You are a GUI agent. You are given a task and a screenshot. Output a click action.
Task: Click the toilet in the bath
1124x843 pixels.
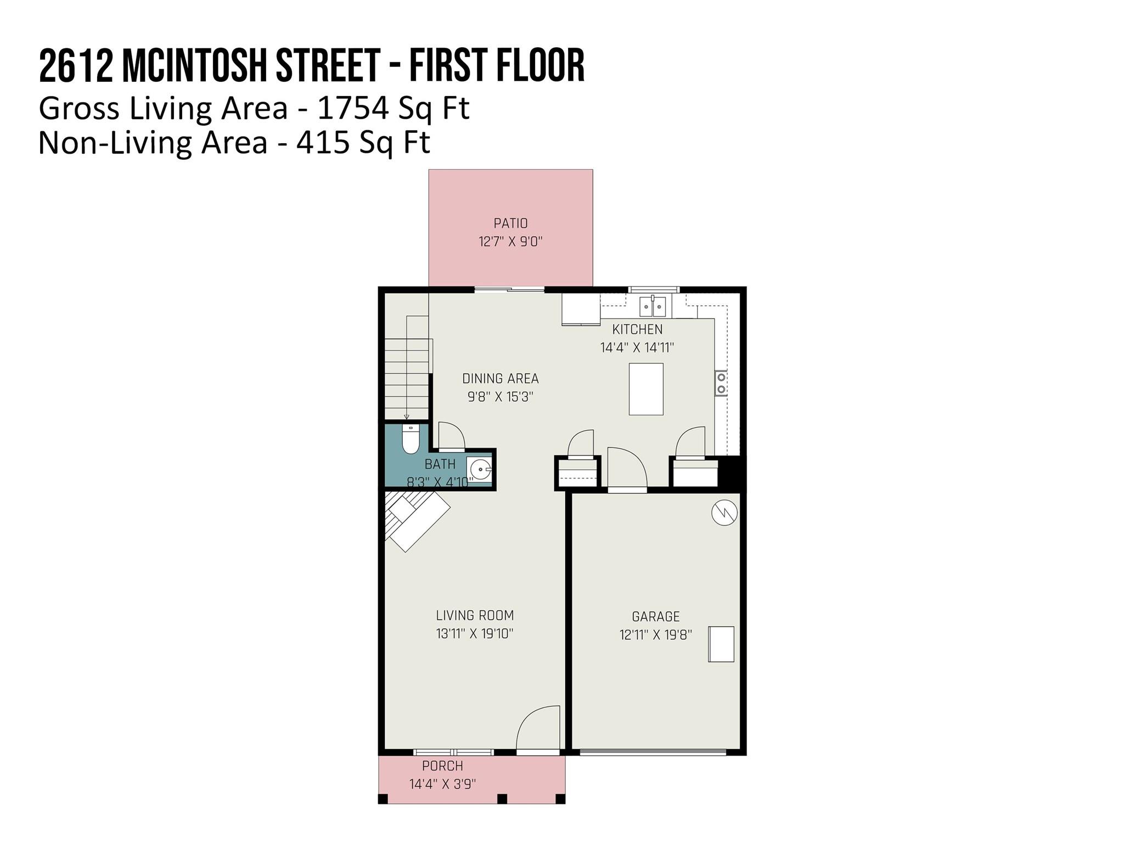411,440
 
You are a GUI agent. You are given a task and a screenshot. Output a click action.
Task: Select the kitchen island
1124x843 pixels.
646,389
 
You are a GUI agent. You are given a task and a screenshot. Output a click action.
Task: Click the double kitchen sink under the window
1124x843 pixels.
653,307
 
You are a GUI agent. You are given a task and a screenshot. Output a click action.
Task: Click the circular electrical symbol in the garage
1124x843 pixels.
724,513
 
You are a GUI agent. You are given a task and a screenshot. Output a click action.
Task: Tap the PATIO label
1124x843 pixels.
510,223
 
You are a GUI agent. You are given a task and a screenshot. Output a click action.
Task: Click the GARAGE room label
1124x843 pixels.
656,616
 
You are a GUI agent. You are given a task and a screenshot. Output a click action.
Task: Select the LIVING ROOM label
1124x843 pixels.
475,615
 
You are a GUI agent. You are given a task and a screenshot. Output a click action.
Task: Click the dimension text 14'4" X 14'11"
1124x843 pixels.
637,347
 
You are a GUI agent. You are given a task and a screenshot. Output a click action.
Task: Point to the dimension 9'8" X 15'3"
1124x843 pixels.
500,397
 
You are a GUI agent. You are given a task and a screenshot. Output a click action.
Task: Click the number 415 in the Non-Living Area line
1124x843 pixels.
323,142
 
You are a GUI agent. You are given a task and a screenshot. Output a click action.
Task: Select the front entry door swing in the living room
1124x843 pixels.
538,728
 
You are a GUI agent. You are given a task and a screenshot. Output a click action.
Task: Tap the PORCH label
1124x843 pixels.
442,766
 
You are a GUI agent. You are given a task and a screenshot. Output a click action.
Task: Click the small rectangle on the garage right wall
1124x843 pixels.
721,644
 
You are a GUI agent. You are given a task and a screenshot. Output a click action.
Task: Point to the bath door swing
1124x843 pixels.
452,436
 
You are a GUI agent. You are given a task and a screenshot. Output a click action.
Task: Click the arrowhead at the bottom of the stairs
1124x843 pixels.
407,417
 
